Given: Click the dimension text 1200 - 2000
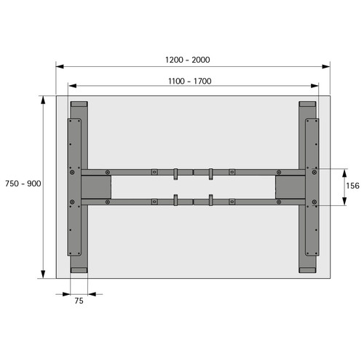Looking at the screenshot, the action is pyautogui.click(x=187, y=60).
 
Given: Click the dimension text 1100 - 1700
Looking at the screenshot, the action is pyautogui.click(x=190, y=81).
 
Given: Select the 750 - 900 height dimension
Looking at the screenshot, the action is pyautogui.click(x=23, y=183).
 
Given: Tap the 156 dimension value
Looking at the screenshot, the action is pyautogui.click(x=352, y=186).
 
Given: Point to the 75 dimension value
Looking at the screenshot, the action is pyautogui.click(x=79, y=301).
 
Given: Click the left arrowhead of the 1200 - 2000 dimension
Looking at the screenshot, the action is pyautogui.click(x=60, y=66).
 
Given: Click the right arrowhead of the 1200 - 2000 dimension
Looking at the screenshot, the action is pyautogui.click(x=326, y=66).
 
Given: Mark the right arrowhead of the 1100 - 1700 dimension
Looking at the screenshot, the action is pyautogui.click(x=314, y=86).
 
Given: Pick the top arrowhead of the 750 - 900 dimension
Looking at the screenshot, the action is pyautogui.click(x=43, y=100).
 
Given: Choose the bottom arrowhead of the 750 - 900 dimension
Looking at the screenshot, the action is pyautogui.click(x=43, y=274).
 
